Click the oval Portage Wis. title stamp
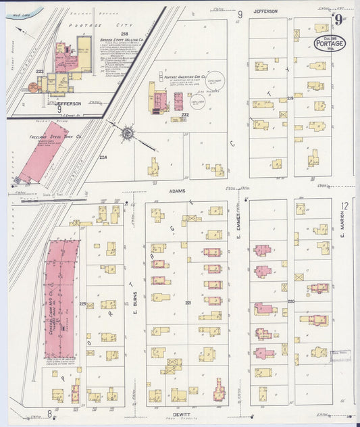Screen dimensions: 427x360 pos(330,43)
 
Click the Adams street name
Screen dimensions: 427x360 pos(176,191)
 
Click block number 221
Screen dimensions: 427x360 pos(188,302)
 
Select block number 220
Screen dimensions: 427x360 pos(291,301)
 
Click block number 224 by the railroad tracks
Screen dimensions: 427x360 pos(103,157)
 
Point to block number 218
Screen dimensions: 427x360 pos(124,33)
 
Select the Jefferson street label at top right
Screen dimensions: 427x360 pos(265,11)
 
